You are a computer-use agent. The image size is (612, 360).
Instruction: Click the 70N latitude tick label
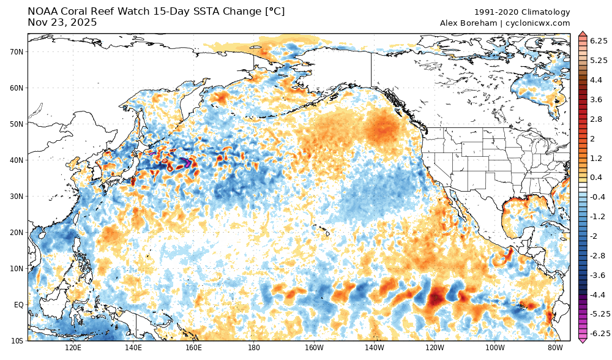pos(17,51)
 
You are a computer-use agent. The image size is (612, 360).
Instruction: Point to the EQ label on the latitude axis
pos(18,304)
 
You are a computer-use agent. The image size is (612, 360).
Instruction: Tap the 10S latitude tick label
pos(17,340)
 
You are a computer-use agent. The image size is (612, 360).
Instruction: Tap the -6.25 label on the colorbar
pos(598,333)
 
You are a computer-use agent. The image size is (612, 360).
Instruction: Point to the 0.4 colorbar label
pos(596,178)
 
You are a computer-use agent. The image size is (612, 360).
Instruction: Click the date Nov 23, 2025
pos(62,23)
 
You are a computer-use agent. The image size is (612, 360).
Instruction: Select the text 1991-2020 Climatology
pos(522,12)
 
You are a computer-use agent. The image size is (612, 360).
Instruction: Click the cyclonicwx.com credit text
pos(539,23)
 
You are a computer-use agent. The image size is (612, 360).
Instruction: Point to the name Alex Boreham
pos(468,23)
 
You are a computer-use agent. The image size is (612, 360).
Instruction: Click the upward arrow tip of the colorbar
pos(583,32)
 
